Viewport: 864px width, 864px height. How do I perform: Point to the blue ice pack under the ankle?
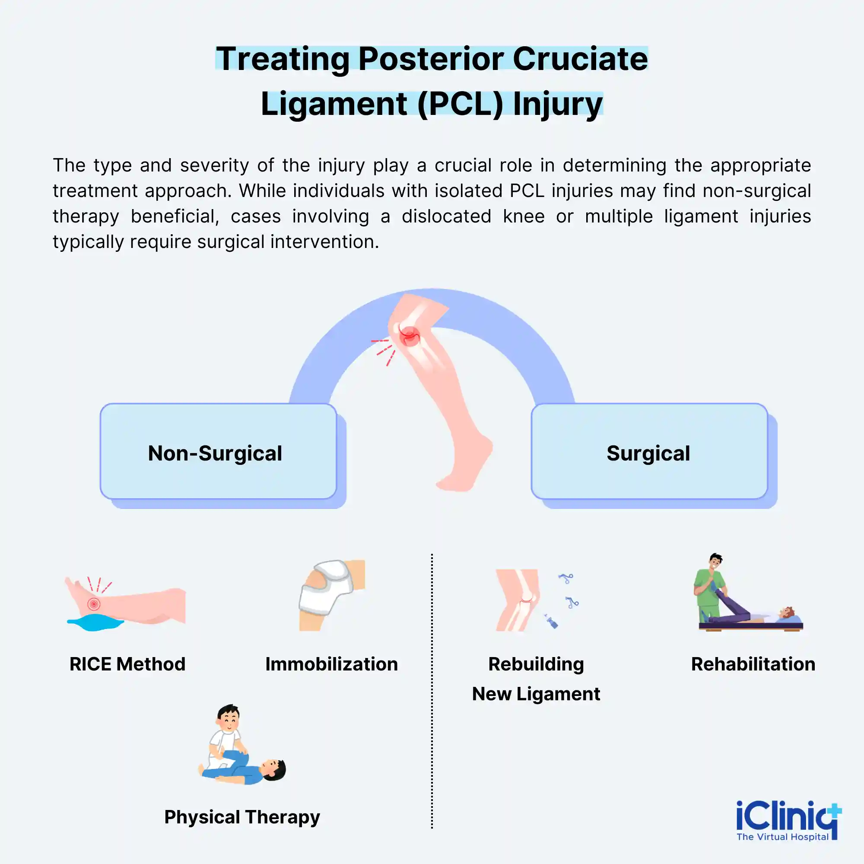[95, 622]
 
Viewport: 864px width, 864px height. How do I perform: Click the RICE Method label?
[127, 664]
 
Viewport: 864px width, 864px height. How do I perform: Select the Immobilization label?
[331, 664]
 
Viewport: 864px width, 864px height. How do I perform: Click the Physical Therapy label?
[242, 817]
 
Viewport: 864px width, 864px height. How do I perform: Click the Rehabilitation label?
[753, 664]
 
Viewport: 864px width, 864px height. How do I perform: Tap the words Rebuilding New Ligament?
[536, 679]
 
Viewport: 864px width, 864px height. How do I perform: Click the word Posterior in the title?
[431, 59]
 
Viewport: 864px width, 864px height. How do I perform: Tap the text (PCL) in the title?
[461, 104]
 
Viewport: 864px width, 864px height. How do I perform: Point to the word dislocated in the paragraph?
[446, 216]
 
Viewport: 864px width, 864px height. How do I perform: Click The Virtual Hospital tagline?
[782, 837]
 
